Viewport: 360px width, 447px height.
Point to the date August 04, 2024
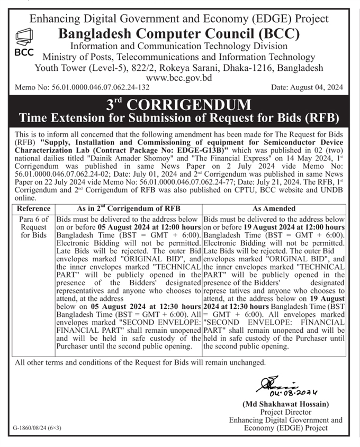(x=308, y=87)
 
